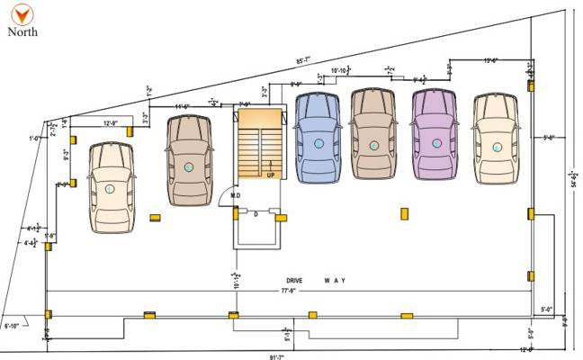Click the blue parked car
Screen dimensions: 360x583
[x=316, y=135]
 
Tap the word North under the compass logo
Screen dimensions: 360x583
[x=22, y=31]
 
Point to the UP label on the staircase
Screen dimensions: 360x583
[x=270, y=175]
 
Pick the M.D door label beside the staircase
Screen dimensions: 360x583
[x=235, y=195]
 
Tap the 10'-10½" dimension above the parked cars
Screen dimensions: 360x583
[x=340, y=69]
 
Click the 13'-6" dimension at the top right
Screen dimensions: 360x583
[x=491, y=60]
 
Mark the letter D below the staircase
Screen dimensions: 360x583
[x=256, y=213]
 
